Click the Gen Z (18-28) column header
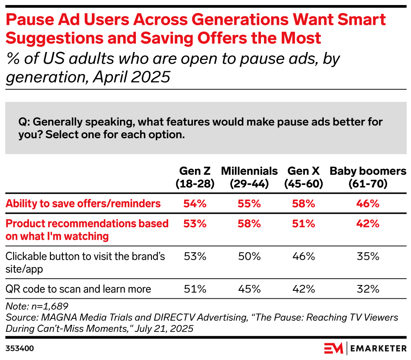point(195,177)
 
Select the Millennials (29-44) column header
point(249,177)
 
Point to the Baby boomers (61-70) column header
point(368,177)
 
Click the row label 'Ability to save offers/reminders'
point(83,204)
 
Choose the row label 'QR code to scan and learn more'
point(78,289)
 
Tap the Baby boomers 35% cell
point(368,256)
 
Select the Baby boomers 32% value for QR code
point(368,289)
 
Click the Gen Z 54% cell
point(195,204)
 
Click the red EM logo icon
point(333,348)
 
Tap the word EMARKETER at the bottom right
point(377,348)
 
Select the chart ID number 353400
point(20,348)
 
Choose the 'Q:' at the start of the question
point(25,122)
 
